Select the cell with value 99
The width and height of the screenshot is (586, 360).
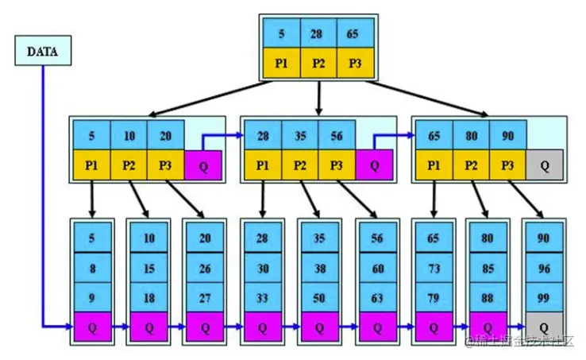[544, 297]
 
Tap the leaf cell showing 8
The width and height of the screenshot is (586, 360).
[92, 269]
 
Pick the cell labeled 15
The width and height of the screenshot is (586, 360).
[148, 269]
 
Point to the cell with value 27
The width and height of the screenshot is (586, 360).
[205, 297]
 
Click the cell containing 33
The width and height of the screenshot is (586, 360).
[262, 297]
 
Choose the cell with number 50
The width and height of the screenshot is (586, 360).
[319, 297]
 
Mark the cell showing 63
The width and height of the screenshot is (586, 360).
[376, 297]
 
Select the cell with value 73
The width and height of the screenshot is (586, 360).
[433, 269]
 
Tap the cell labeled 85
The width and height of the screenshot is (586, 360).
[488, 269]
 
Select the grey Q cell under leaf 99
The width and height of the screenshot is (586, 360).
[544, 326]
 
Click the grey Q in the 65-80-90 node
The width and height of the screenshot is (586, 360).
[545, 165]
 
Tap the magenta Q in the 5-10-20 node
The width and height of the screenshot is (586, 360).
[203, 165]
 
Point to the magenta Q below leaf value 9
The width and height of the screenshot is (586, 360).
[92, 326]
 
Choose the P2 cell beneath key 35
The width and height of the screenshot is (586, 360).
[299, 165]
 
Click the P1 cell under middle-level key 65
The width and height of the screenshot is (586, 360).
[433, 165]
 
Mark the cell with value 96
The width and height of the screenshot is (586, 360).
[544, 269]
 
